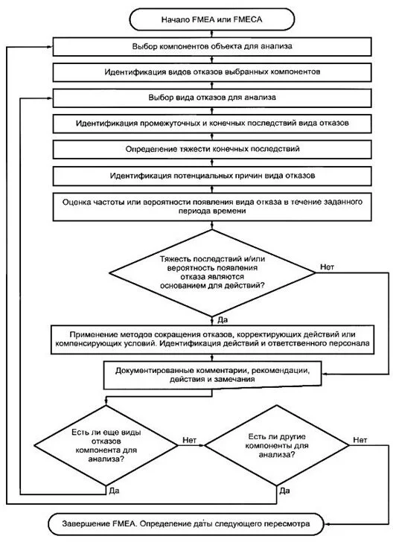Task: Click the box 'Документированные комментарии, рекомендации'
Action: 212,374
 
